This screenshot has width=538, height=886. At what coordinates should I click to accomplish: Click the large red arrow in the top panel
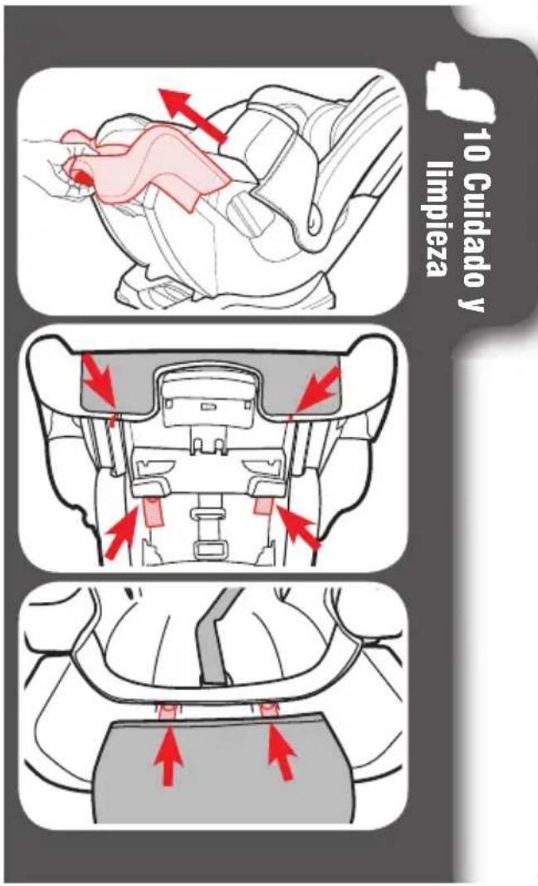coord(192,114)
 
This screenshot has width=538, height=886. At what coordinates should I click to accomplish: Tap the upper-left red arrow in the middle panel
coord(100,379)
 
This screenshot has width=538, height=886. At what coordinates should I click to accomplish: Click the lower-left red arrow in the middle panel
coord(122,531)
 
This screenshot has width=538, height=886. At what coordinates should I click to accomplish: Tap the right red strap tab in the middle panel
coord(262,505)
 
